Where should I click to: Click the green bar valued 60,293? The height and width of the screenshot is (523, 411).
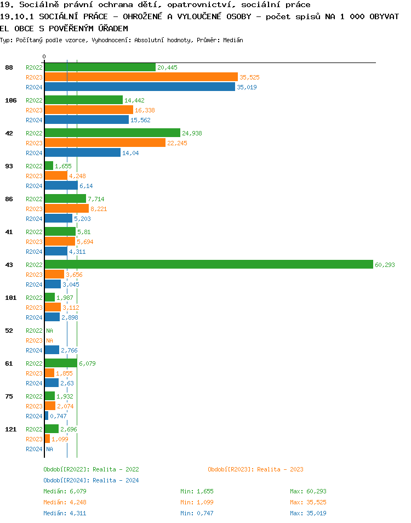point(208,264)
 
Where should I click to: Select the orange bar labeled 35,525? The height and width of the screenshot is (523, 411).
point(141,77)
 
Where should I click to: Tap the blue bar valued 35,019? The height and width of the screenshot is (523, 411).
point(139,87)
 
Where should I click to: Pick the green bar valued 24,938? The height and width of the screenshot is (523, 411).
point(112,133)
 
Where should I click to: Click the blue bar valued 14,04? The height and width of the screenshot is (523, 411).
point(82,152)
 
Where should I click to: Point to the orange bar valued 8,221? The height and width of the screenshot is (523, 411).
point(66,208)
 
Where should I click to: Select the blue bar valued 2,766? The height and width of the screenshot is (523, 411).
point(52,350)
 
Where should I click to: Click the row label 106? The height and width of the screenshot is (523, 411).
point(10,100)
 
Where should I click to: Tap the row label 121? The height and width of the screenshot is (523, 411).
point(10,429)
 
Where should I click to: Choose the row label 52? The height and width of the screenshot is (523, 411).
point(9,331)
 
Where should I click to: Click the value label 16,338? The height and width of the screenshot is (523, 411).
point(145,110)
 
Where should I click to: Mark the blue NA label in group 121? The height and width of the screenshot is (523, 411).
point(49,449)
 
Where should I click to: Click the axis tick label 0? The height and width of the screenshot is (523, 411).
point(44,56)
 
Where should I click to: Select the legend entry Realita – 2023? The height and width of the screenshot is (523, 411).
point(255,469)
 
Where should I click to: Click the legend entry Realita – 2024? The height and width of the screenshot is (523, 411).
point(91,480)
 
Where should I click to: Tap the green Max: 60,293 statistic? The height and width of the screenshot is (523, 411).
point(308,491)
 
